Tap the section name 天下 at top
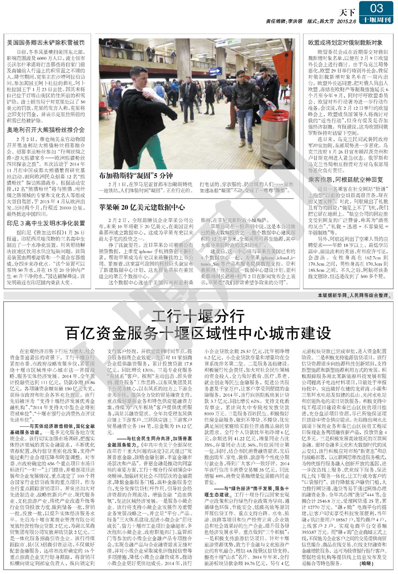tap(347, 13)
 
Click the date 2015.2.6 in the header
tap(346, 21)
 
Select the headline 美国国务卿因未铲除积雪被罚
tap(46, 43)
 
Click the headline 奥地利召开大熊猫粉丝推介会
tap(46, 130)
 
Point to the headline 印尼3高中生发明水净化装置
tap(46, 223)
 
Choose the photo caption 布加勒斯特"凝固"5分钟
tap(135, 176)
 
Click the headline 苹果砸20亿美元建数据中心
tap(142, 207)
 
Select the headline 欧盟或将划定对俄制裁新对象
tap(345, 42)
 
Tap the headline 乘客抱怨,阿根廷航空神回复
tap(345, 179)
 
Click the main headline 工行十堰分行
tap(198, 317)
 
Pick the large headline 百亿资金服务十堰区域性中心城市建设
tap(198, 333)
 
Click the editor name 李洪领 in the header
tap(295, 21)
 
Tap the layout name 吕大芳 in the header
tap(326, 21)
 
